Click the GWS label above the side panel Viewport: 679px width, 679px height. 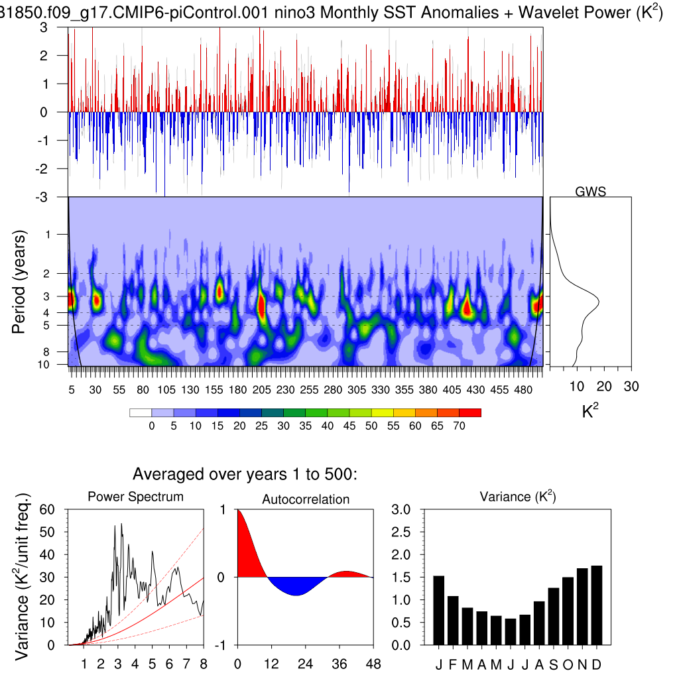[590, 192]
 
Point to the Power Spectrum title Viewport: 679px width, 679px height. [135, 497]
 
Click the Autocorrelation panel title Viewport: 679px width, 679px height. [306, 499]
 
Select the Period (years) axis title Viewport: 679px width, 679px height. [20, 282]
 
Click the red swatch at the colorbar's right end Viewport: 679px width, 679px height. [470, 412]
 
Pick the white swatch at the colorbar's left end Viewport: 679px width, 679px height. [141, 412]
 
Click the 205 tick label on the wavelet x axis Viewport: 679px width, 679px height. [261, 390]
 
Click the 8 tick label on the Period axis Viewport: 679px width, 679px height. [58, 351]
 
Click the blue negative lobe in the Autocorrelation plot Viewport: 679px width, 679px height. [296, 585]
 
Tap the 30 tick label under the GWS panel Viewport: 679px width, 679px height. [631, 387]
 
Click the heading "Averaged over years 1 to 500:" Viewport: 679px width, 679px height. [245, 474]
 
